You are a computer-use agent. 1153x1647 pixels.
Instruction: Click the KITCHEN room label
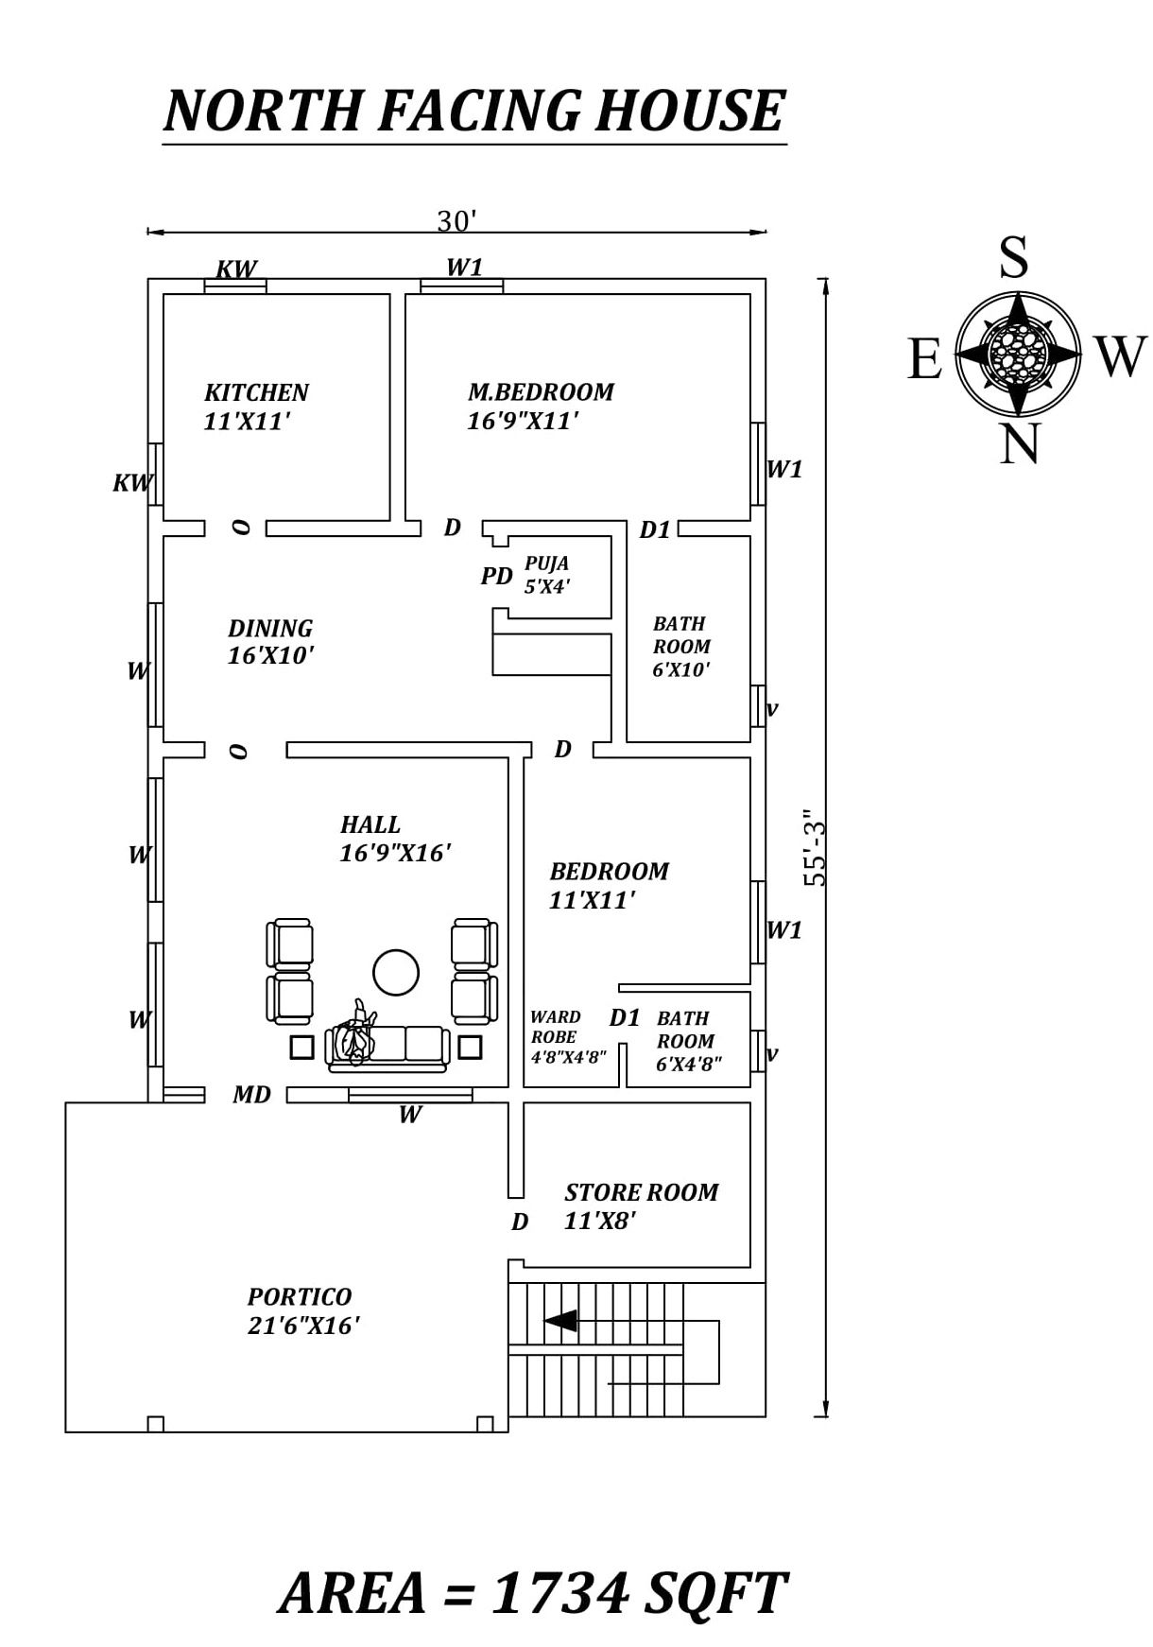tap(256, 392)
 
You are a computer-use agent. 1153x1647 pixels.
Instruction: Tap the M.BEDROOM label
tap(541, 391)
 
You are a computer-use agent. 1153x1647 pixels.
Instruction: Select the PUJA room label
tap(547, 563)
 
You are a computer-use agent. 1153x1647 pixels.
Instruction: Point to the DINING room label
tap(270, 628)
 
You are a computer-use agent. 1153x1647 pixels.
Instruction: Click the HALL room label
tap(370, 824)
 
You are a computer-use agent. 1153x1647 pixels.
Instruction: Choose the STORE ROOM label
tap(642, 1192)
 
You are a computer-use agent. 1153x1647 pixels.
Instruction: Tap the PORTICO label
tap(300, 1296)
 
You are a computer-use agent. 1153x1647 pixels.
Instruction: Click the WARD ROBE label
tap(556, 1027)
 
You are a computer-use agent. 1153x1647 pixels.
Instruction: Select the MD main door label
tap(252, 1095)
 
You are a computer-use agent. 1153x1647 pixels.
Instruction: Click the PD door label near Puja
tap(496, 576)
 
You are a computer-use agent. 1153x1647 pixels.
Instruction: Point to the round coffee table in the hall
tap(396, 972)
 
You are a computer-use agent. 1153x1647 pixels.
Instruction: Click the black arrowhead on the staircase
tap(561, 1320)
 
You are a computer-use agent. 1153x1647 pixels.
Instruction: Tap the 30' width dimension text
tap(456, 221)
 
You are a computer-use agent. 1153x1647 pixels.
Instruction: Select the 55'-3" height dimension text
tap(815, 847)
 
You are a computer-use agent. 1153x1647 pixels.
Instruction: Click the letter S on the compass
tap(1014, 256)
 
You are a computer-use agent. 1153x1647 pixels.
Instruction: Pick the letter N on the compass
tap(1019, 442)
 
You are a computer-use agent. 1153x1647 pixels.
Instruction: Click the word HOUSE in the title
tap(693, 110)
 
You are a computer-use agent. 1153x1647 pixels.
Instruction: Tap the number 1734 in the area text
tap(560, 1592)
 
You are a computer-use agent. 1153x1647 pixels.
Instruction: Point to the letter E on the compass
tap(925, 359)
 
